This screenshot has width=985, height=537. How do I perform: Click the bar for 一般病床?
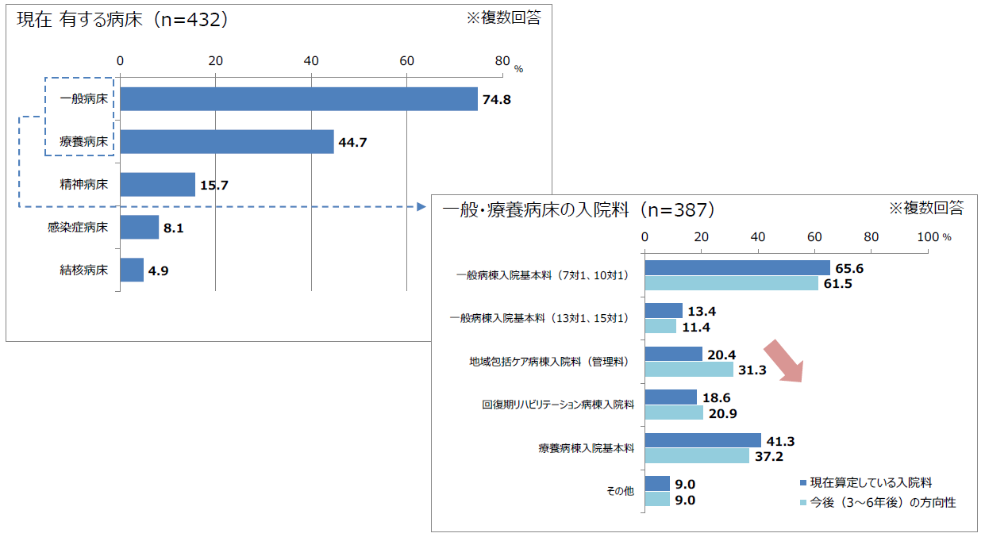click(x=298, y=99)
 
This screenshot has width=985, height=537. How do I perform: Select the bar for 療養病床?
click(x=227, y=142)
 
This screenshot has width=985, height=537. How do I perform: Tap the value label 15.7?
click(x=214, y=186)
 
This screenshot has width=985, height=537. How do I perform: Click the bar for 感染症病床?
click(x=139, y=228)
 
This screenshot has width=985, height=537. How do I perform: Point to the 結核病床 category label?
click(x=83, y=270)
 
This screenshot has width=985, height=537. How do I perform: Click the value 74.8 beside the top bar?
click(x=498, y=100)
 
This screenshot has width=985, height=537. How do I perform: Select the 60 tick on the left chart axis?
click(x=407, y=61)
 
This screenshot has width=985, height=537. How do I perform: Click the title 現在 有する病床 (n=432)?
click(x=123, y=20)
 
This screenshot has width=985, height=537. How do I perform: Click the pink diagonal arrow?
click(x=784, y=361)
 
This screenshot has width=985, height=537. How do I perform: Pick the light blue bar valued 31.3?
click(x=689, y=369)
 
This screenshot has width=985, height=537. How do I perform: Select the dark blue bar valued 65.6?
click(x=737, y=268)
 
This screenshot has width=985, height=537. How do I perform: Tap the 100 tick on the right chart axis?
click(x=928, y=236)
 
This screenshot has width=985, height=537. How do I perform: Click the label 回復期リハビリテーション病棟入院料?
click(x=558, y=405)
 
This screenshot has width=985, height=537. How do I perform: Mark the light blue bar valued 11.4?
click(x=660, y=326)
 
